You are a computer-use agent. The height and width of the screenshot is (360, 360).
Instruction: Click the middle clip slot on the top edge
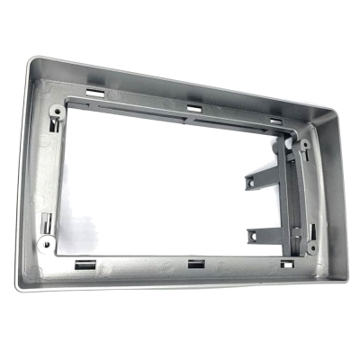pos(193,109)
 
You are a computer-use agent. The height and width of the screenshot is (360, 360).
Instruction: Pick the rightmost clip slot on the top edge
pos(275,120)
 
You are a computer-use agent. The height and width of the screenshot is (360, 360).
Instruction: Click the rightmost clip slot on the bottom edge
pos(286,265)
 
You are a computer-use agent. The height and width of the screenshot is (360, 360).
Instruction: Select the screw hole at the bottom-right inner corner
pos(311,245)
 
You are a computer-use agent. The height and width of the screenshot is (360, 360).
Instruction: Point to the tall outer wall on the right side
pos(329,198)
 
